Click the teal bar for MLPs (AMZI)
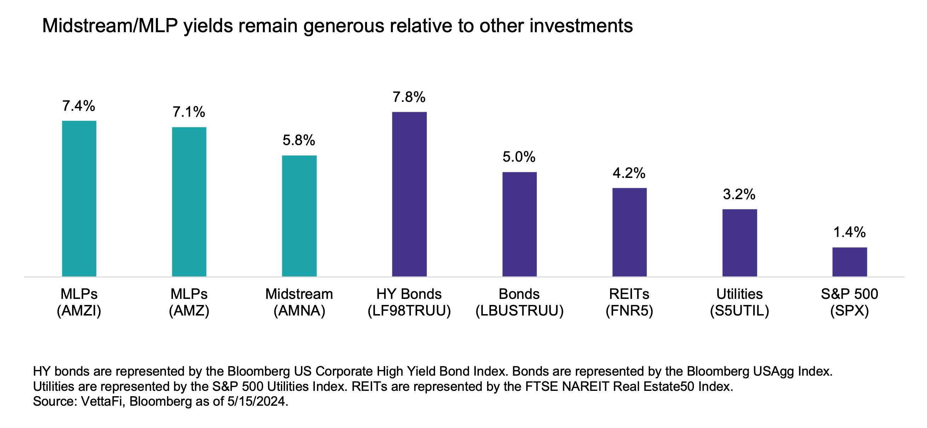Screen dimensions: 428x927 (x=79, y=198)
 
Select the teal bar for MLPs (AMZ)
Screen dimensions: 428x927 (x=189, y=202)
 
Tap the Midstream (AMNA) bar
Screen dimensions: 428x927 (x=299, y=216)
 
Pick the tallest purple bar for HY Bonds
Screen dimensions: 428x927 (x=409, y=194)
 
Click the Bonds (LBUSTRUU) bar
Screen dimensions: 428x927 (x=519, y=224)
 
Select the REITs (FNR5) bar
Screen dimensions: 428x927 (x=630, y=232)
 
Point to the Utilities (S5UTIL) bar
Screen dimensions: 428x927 (x=740, y=243)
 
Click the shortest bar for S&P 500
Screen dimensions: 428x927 (x=849, y=262)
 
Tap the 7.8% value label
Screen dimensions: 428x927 (x=409, y=97)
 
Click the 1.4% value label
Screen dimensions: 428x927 (x=849, y=232)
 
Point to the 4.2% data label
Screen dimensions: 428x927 (x=629, y=173)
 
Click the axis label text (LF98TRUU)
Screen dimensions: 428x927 (x=409, y=311)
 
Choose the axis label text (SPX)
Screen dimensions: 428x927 (x=849, y=311)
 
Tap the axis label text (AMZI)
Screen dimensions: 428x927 (x=79, y=311)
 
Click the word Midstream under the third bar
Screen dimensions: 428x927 (x=299, y=294)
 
